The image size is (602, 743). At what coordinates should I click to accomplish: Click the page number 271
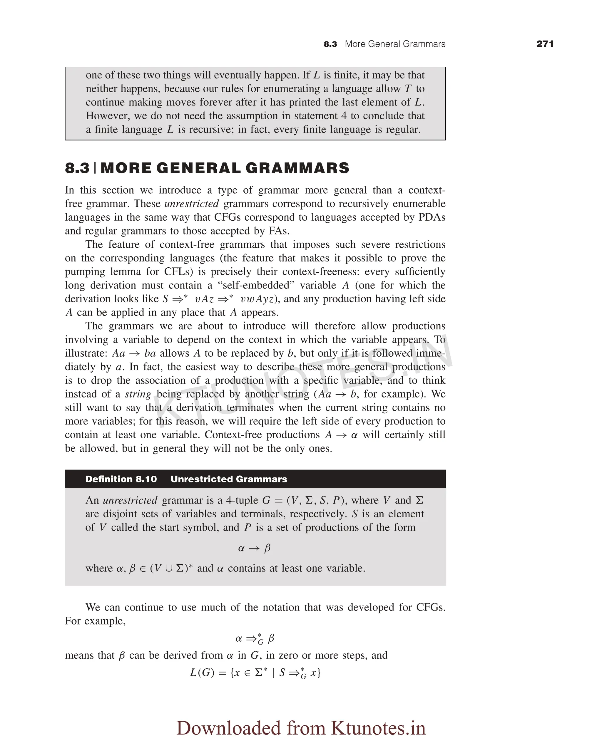pos(544,44)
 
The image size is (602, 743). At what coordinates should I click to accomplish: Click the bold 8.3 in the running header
pos(330,44)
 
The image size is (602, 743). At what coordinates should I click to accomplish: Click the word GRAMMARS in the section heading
pos(297,168)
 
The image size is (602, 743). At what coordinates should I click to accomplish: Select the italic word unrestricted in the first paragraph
pos(191,204)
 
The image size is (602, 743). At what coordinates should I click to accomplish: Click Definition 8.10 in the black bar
pos(121,479)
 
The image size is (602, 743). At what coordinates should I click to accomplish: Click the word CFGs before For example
pos(430,607)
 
